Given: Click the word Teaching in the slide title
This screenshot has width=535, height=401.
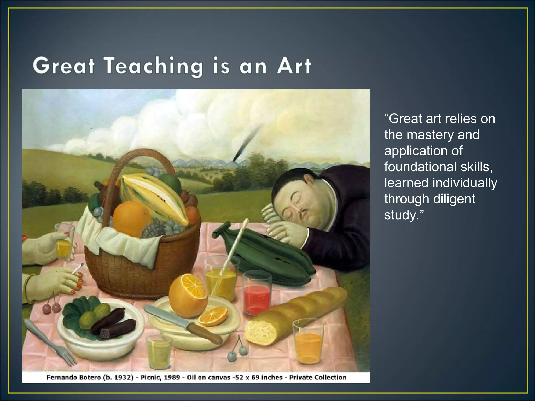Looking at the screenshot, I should (x=154, y=66).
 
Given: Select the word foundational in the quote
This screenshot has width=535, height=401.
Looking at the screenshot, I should (x=420, y=167).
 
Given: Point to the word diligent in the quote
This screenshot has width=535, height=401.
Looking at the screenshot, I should (x=454, y=199).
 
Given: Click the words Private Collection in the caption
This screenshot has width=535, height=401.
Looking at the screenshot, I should (x=318, y=377).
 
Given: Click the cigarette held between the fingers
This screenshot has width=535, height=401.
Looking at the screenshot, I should (x=78, y=269).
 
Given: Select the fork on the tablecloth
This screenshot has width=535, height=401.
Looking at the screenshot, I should (x=50, y=342).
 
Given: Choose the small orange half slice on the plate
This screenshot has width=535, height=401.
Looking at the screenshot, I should (x=213, y=316).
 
